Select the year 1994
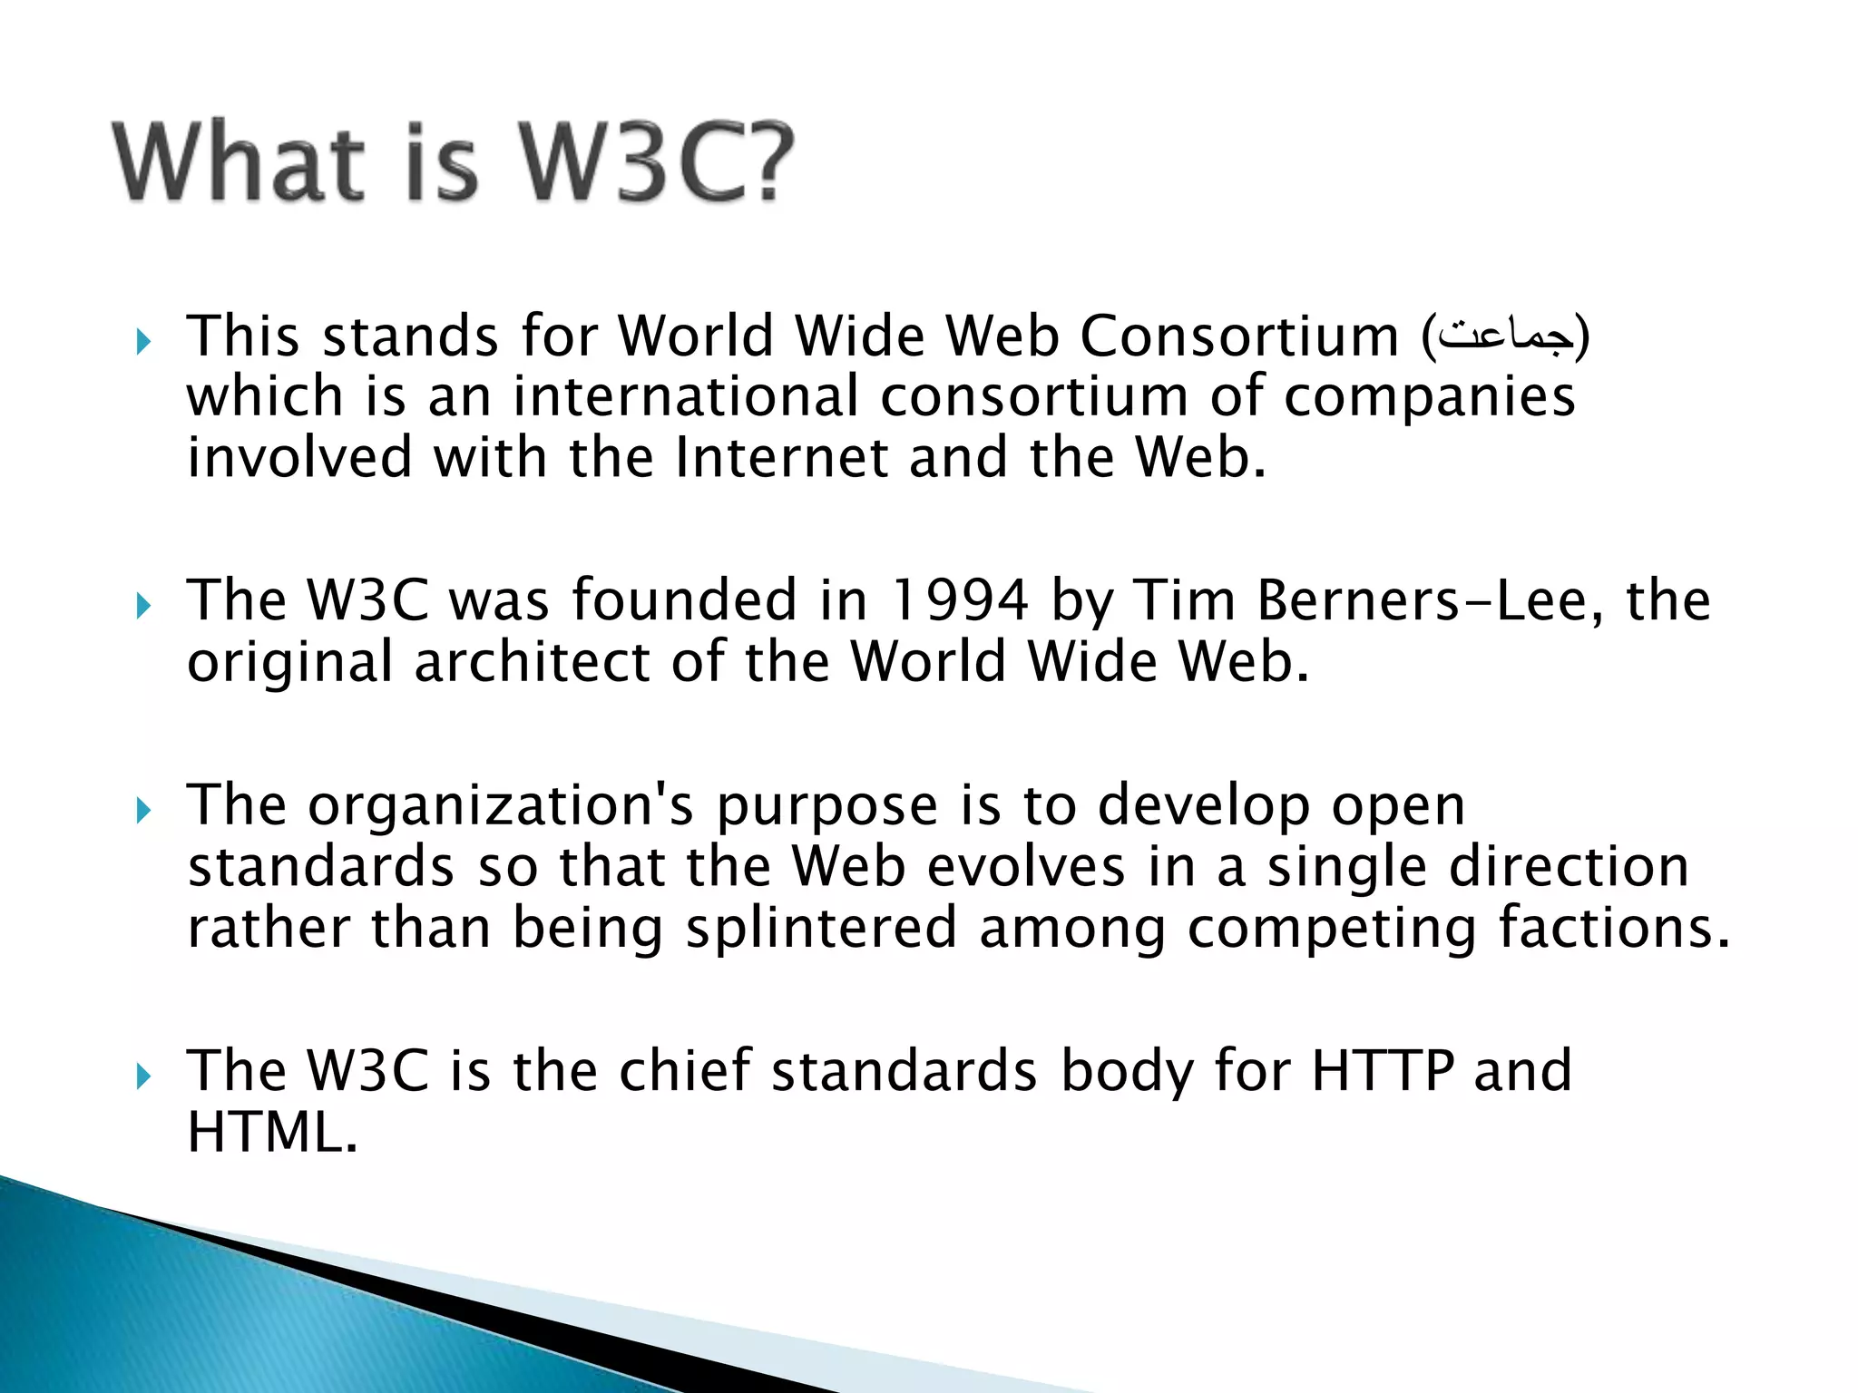(x=959, y=601)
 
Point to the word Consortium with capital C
(x=1239, y=337)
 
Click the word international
(x=685, y=398)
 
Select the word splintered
(x=821, y=929)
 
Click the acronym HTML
(x=271, y=1132)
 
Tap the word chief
(x=684, y=1071)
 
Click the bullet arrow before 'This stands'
(x=142, y=344)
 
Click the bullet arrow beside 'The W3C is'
(x=142, y=1077)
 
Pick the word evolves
(x=1026, y=867)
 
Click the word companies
(x=1429, y=398)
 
